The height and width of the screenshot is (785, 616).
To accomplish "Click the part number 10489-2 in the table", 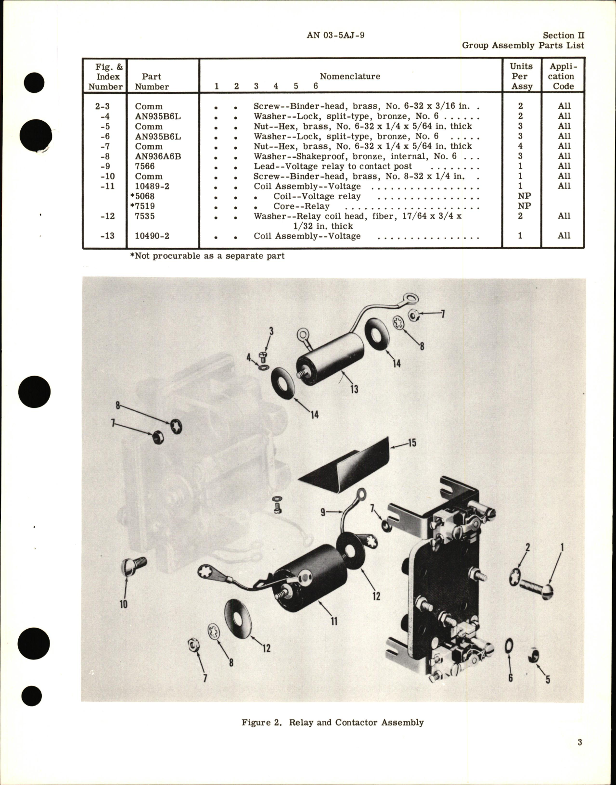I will point(152,186).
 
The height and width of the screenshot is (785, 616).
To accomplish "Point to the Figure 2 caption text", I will point(333,722).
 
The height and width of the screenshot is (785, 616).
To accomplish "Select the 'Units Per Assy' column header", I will point(521,76).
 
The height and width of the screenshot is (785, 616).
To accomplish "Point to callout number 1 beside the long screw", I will point(562,547).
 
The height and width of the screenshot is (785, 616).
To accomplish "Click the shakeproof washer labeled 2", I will point(514,576).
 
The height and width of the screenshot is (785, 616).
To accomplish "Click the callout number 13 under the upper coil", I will point(354,389).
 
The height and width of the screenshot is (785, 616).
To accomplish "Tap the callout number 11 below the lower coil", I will point(334,621).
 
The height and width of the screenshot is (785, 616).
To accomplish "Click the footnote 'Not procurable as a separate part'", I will point(207,256).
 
